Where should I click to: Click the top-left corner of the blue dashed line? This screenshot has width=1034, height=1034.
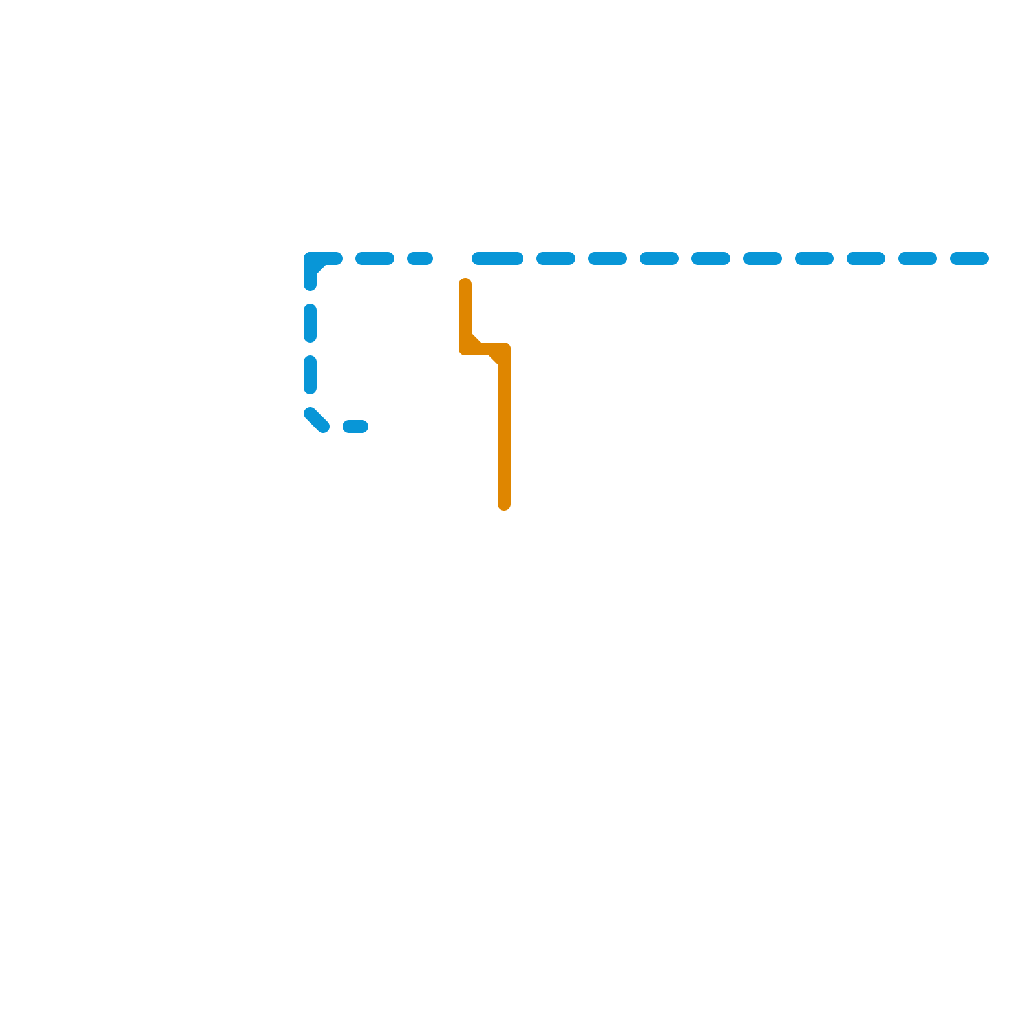pos(311,260)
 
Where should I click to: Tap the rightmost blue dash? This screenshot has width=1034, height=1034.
pos(969,259)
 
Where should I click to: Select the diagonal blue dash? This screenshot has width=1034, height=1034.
pos(317,420)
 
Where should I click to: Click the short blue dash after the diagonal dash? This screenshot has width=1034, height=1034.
pos(355,427)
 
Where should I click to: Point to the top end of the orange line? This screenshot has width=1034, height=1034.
pos(465,283)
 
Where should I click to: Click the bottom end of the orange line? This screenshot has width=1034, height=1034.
pos(504,505)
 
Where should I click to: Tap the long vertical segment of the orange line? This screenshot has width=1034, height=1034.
pos(504,433)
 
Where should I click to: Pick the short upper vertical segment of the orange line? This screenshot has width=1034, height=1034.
pos(465,313)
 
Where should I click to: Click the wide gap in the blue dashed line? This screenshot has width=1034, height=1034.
pos(452,259)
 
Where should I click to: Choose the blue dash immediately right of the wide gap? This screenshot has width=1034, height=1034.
pos(497,259)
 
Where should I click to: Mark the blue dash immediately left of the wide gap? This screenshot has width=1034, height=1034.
pos(420,259)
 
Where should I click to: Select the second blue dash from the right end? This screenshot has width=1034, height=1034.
pos(918,259)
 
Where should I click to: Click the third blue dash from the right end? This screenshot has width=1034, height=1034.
pos(866,259)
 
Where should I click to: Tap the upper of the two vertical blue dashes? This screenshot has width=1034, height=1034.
pos(310,323)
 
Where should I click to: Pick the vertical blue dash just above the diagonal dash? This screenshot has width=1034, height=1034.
pos(310,375)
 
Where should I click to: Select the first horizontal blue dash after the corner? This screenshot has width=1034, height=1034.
pos(375,259)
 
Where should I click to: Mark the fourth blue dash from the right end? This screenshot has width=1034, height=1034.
pos(814,259)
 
